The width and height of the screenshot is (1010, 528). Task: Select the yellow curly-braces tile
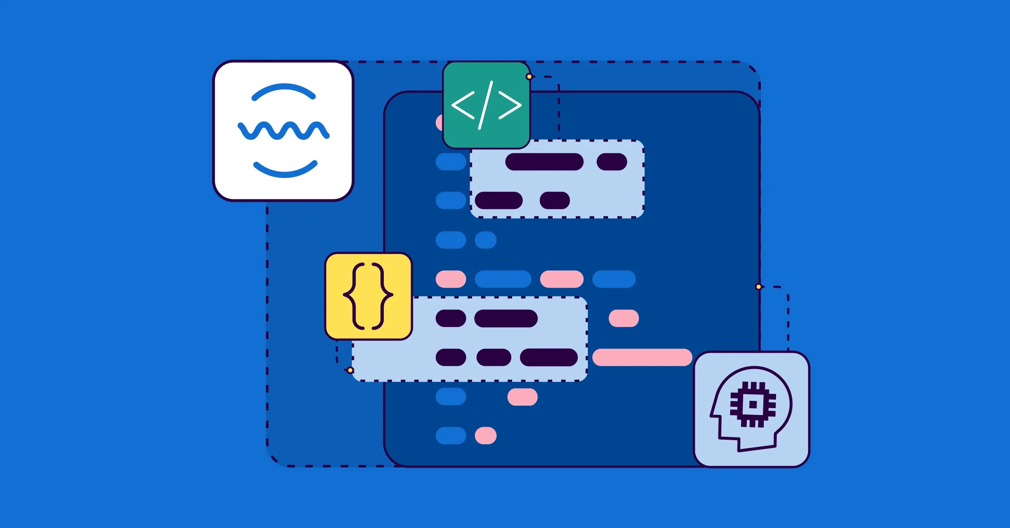point(369,332)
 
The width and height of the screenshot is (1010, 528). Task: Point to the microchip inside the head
point(753,405)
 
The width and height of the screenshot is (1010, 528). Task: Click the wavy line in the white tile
point(283,131)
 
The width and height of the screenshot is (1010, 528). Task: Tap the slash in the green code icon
point(486,105)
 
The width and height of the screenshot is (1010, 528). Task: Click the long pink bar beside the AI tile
point(642,357)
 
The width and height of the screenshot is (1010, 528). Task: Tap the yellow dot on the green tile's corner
point(529,77)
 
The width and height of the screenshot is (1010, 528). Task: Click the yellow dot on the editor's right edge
point(758,287)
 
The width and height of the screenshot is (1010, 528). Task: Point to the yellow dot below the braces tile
point(350,370)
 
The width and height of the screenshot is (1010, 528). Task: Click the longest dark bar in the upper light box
point(544,162)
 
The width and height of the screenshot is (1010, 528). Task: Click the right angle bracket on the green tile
point(510,105)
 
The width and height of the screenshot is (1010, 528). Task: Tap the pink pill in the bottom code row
point(486,436)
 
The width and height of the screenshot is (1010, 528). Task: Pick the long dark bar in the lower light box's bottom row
point(549,357)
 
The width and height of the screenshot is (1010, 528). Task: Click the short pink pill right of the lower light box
point(624,318)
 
